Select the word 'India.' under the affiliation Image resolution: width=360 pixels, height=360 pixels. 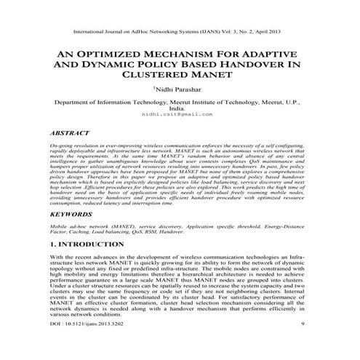click(x=180, y=111)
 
